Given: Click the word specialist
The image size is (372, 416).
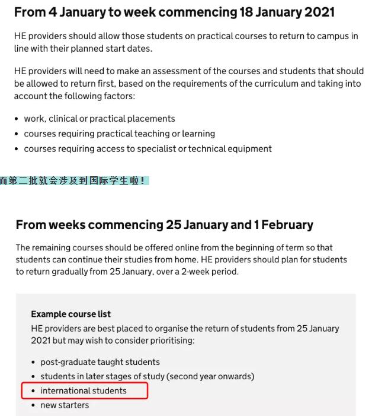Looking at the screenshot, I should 160,148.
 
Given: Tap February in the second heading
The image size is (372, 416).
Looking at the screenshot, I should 287,225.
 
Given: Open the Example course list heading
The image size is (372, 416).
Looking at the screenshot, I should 70,314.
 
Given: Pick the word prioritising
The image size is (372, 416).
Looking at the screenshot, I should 166,341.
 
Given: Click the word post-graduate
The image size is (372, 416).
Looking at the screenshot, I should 68,362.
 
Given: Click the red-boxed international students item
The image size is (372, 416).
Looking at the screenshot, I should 84,390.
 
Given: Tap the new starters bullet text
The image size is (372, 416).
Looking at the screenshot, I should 65,405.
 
